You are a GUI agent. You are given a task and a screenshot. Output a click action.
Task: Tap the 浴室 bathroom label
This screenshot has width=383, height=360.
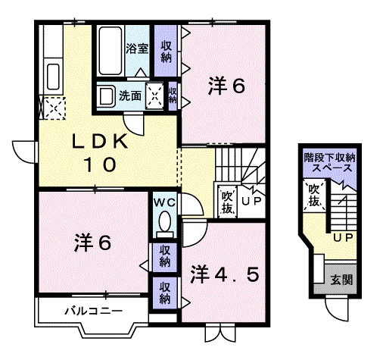coord(136,49)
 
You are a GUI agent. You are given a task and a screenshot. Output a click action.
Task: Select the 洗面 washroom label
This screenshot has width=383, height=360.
coord(130,95)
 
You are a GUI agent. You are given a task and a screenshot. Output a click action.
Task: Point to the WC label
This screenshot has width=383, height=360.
coord(164,202)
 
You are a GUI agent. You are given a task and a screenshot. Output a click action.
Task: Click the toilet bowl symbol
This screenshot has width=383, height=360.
coord(164,225)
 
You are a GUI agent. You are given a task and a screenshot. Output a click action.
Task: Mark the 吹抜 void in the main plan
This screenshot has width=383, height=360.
coord(227,202)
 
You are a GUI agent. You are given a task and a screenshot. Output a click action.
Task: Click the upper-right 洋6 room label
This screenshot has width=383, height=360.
coord(226,87)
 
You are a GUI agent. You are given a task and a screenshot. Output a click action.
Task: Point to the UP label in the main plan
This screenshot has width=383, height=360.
coord(252,202)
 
